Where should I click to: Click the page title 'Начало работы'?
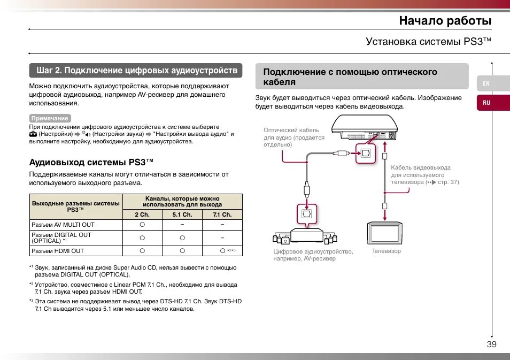coord(445,20)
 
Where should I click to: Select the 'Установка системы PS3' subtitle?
coord(428,42)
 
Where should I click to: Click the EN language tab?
coord(486,83)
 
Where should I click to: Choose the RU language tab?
coord(486,103)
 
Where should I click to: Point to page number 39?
coord(491,344)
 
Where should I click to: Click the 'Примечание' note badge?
coord(50,118)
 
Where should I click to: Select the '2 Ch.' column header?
coord(142,215)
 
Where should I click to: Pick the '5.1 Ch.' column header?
coord(182,215)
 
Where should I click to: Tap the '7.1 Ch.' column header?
coord(222,215)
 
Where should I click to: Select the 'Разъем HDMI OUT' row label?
coord(58,251)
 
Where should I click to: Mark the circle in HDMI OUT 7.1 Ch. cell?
coord(222,250)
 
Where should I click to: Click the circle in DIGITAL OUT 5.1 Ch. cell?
coord(182,238)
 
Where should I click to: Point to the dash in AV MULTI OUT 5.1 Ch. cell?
coord(182,225)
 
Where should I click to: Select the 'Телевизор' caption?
coord(386,251)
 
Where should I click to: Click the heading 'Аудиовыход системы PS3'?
coord(91,162)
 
